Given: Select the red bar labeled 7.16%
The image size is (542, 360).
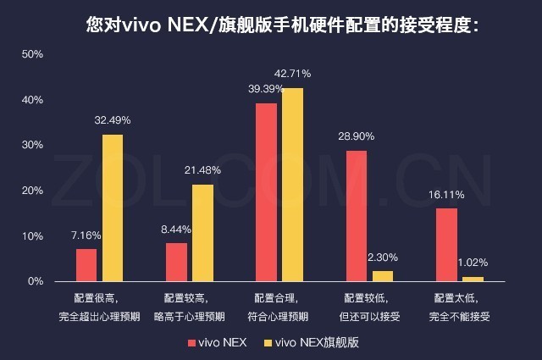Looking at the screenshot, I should pos(86,264).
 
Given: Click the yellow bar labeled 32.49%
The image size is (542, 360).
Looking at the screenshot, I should pos(113,208).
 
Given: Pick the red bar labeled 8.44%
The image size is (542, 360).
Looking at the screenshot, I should pos(176,262).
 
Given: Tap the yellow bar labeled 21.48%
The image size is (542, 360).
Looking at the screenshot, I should pos(202,232).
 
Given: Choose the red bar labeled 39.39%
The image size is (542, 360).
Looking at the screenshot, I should pos(266,192).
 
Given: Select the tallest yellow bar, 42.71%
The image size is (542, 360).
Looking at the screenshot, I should pos(292,185).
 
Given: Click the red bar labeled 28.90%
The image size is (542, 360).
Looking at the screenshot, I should pos(357,216).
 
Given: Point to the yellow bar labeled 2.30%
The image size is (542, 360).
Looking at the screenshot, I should pos(383,275).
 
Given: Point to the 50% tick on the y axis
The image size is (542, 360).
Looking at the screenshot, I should pos(32,54).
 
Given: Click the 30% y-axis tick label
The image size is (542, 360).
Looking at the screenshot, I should pos(32,145).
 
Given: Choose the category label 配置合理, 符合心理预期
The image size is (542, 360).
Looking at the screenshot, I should pos(279,307).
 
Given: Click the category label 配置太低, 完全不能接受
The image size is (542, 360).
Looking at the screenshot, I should pos(461,307).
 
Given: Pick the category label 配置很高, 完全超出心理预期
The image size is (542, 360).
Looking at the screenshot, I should pos(100,307).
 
